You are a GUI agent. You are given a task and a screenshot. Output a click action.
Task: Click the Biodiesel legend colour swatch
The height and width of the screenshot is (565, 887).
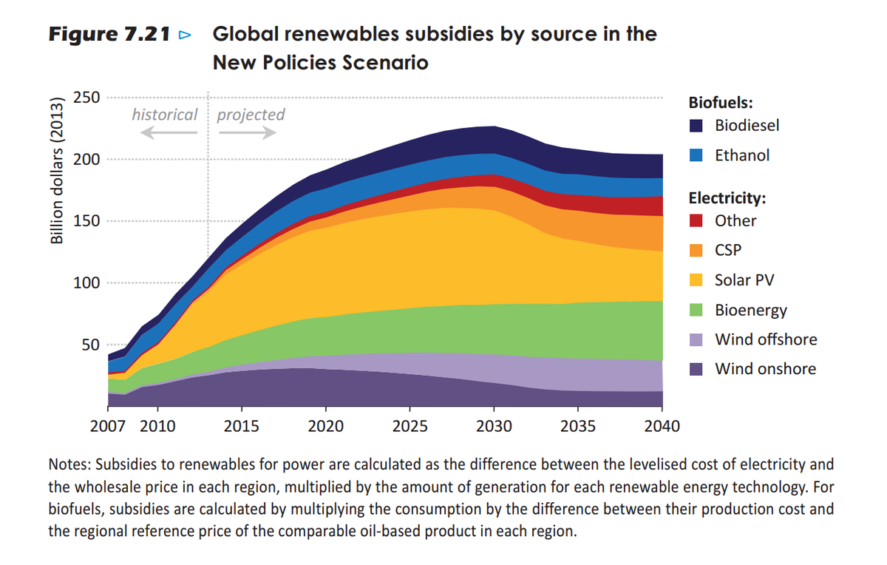(696, 126)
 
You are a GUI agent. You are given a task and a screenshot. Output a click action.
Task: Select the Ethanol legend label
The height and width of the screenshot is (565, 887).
(742, 155)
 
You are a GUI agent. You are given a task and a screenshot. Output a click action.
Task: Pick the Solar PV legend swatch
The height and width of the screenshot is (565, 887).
(696, 280)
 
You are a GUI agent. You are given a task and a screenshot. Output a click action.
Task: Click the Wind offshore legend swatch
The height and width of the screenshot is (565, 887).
(696, 339)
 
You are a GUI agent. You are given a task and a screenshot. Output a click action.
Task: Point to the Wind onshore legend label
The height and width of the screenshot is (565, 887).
(765, 369)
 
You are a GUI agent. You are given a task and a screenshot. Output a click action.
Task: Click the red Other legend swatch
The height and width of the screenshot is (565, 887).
(696, 220)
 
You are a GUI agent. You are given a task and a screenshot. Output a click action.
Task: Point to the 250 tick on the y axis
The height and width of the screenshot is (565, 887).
(86, 98)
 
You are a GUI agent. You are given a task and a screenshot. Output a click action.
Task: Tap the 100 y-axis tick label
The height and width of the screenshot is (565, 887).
(86, 283)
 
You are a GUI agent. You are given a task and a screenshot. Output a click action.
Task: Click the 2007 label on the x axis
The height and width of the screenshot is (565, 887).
(106, 427)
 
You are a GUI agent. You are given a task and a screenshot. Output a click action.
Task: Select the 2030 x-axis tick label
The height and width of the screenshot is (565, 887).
(495, 427)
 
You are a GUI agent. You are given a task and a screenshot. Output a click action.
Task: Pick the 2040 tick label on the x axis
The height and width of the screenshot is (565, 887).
(662, 427)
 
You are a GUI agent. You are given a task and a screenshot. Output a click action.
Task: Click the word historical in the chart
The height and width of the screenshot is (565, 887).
(164, 115)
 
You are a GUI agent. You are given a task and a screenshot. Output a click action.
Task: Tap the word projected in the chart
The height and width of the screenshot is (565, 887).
(251, 115)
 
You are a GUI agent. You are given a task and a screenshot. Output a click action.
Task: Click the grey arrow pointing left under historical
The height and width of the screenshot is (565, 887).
(169, 132)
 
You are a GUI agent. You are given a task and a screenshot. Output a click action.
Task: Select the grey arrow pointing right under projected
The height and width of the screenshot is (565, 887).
(248, 132)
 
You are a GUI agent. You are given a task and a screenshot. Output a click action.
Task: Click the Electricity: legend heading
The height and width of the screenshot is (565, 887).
(727, 197)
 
